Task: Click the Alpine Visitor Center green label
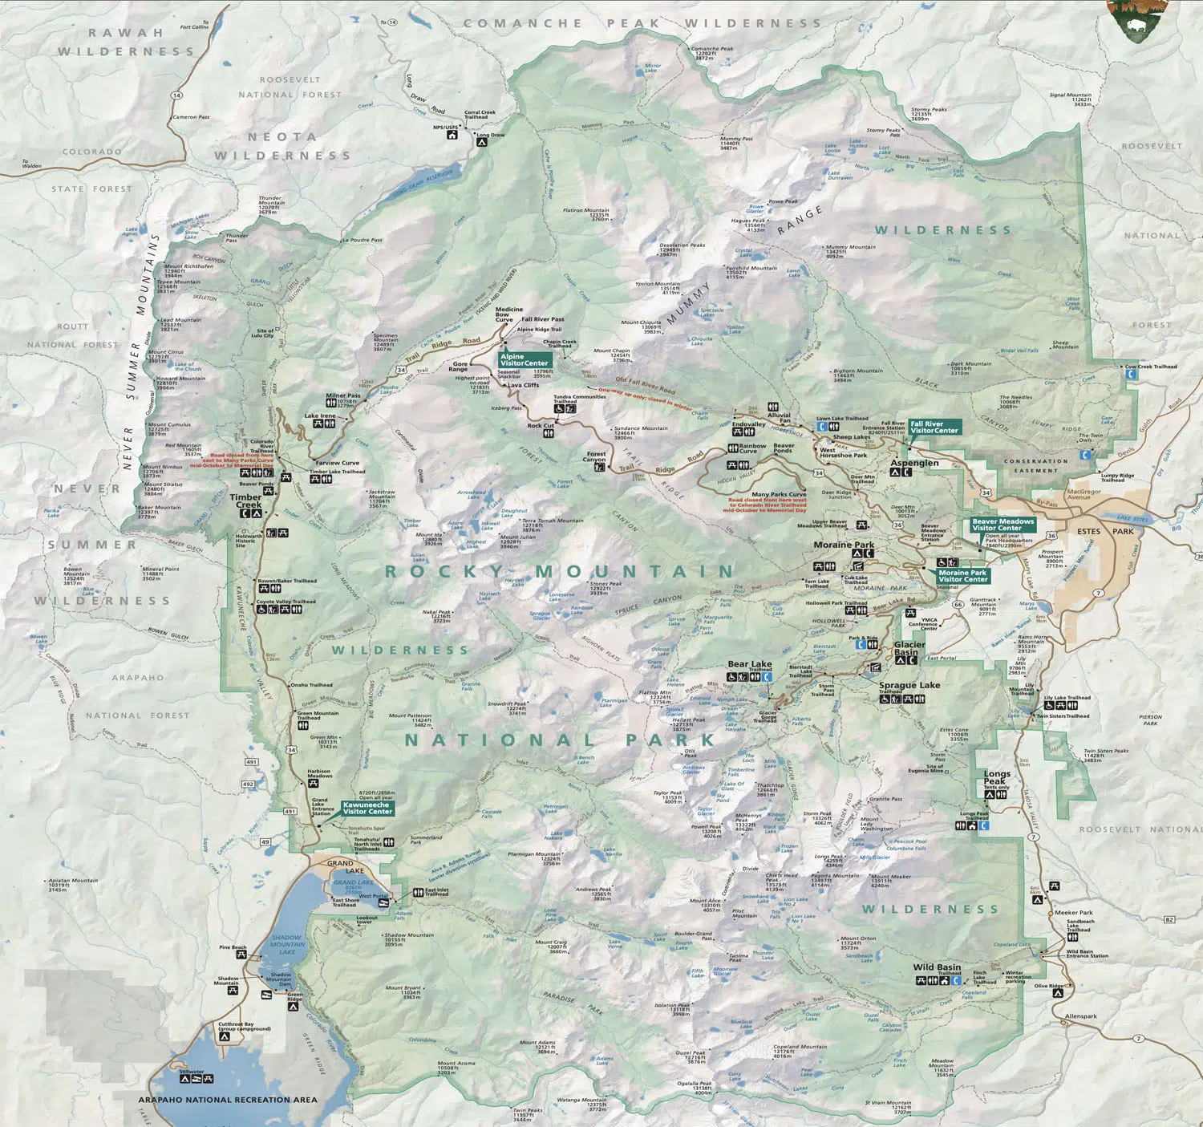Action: pyautogui.click(x=525, y=360)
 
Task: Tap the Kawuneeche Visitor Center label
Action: pyautogui.click(x=367, y=808)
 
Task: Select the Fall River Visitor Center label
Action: pyautogui.click(x=934, y=427)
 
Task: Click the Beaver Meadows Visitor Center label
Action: pyautogui.click(x=1003, y=525)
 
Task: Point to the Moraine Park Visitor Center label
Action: pyautogui.click(x=962, y=576)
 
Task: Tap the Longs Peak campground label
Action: pyautogui.click(x=997, y=777)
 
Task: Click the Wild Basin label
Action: pyautogui.click(x=937, y=967)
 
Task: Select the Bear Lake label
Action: pyautogui.click(x=749, y=664)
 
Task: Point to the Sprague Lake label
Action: pyautogui.click(x=909, y=685)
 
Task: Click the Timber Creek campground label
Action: pyautogui.click(x=246, y=501)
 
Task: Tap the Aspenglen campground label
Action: pyautogui.click(x=914, y=463)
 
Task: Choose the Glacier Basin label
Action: pyautogui.click(x=909, y=648)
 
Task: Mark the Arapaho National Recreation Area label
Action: pyautogui.click(x=228, y=1100)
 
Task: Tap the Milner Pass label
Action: pyautogui.click(x=342, y=395)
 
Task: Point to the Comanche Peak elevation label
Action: pyautogui.click(x=711, y=52)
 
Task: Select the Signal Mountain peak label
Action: pyautogui.click(x=1071, y=99)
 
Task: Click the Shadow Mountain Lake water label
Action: pyautogui.click(x=286, y=944)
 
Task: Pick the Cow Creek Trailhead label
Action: pyautogui.click(x=1151, y=367)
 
